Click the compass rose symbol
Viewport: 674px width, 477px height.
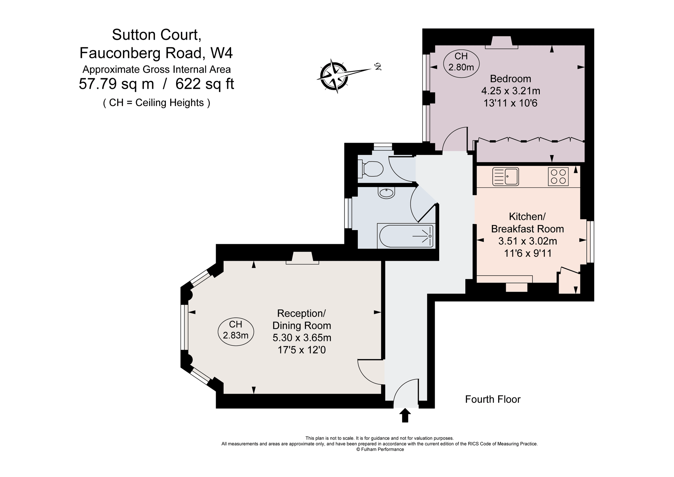[x=334, y=76]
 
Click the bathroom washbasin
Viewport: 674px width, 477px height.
[x=386, y=193]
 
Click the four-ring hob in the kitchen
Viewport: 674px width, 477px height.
[x=558, y=176]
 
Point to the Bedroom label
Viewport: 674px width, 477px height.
[x=511, y=79]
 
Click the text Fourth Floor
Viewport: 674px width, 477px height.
[x=493, y=399]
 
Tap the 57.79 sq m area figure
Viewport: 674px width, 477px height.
[x=116, y=84]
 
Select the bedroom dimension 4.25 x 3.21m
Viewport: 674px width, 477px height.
[x=511, y=91]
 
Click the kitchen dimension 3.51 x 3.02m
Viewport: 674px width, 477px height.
[x=527, y=241]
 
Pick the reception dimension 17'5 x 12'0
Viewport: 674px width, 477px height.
[x=302, y=350]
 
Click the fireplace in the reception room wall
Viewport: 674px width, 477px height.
[x=302, y=258]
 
